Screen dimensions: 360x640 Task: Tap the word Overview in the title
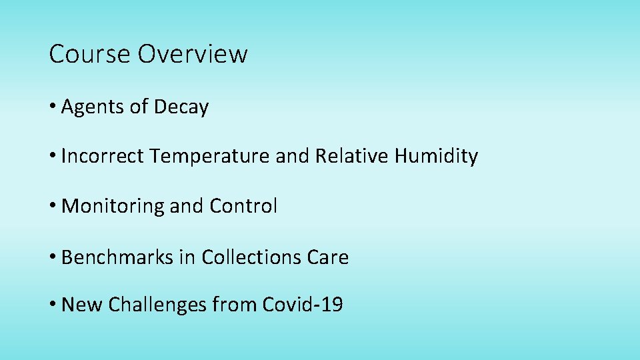tap(193, 54)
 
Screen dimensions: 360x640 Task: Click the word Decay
tap(181, 107)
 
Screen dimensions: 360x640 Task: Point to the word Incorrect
tap(103, 157)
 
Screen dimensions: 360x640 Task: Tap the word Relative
tap(352, 157)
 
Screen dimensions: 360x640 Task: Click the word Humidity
tap(436, 157)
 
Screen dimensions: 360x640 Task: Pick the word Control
tap(243, 207)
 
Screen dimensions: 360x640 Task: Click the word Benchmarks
tap(117, 257)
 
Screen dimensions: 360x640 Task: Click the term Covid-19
tap(303, 305)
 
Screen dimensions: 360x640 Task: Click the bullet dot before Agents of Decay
tap(53, 107)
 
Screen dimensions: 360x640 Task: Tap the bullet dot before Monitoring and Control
tap(53, 207)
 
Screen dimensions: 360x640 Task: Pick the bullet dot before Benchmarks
tap(53, 257)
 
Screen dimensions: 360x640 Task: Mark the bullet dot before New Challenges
tap(53, 305)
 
